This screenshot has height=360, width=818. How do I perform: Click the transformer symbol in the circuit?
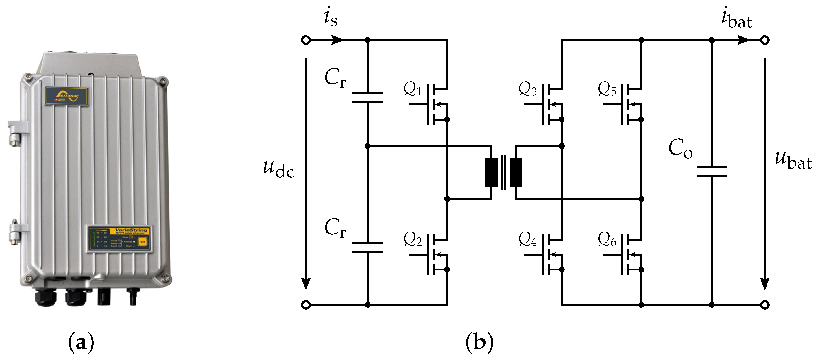pyautogui.click(x=503, y=172)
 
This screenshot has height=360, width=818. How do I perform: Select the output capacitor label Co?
pyautogui.click(x=680, y=149)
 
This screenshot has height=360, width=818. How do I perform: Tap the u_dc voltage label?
pyautogui.click(x=278, y=168)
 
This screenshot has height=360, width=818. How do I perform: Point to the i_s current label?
pyautogui.click(x=331, y=18)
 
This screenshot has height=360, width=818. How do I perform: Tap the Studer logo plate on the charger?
pyautogui.click(x=66, y=96)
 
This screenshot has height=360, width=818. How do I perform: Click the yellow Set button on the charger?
pyautogui.click(x=143, y=242)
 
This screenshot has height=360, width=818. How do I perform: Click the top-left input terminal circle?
pyautogui.click(x=306, y=40)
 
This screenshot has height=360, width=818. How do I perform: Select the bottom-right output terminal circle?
pyautogui.click(x=765, y=305)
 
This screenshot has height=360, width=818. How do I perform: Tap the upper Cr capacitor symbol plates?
pyautogui.click(x=367, y=98)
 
